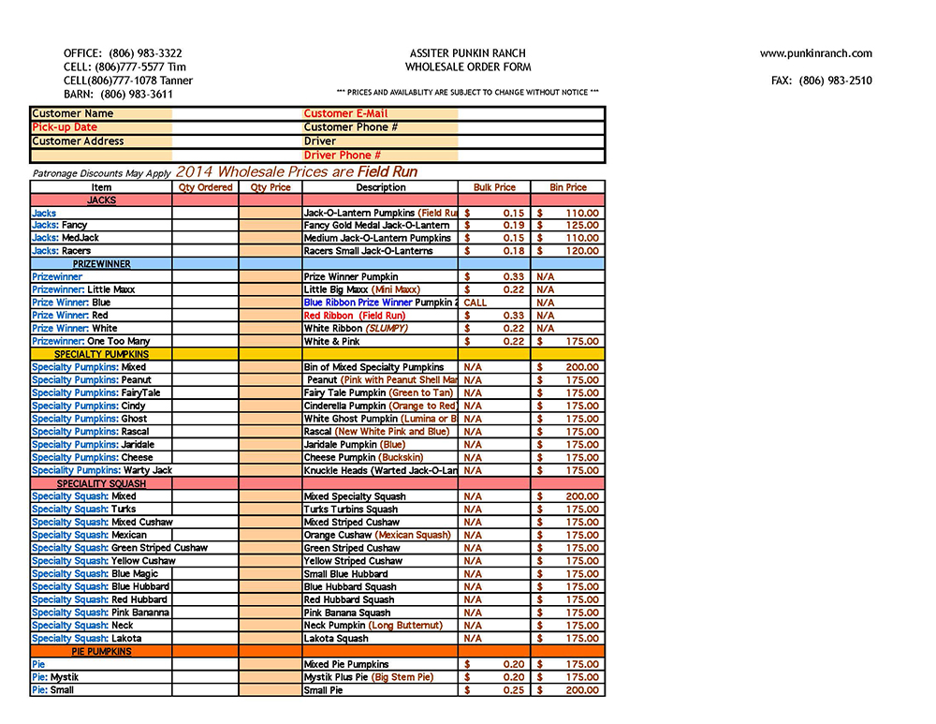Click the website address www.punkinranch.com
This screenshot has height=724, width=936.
[x=815, y=53]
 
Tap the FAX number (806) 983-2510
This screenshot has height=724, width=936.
[x=821, y=81]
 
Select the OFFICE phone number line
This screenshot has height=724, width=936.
[x=123, y=53]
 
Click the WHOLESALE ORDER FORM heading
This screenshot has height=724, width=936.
[x=468, y=67]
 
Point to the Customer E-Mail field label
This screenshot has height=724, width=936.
[x=345, y=113]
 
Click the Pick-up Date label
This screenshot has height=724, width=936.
[x=65, y=127]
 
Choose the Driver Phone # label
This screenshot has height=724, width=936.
[x=342, y=155]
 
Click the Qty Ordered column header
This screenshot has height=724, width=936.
[x=205, y=187]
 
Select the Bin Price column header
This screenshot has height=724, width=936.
[x=568, y=187]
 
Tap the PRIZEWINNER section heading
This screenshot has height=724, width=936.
[x=101, y=264]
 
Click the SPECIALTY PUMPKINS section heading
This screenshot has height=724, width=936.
[x=101, y=355]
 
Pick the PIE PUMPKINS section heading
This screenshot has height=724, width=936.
[x=101, y=651]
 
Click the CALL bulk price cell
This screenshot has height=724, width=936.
[x=475, y=303]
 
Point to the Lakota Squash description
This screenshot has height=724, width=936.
[x=336, y=639]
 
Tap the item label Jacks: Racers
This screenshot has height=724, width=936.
[x=63, y=251]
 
